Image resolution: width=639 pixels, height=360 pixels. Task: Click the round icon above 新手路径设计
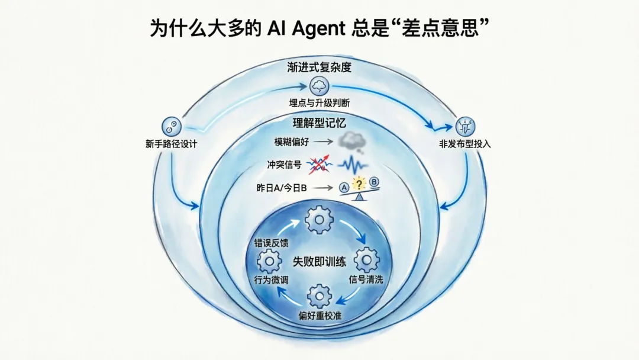[x=170, y=126]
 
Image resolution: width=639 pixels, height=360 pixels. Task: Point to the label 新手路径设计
[x=170, y=144]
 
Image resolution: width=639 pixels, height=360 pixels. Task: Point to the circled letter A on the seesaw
[x=342, y=188]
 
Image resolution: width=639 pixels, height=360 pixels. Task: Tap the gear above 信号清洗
[x=366, y=260]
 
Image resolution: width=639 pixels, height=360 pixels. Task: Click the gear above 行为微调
[x=270, y=261]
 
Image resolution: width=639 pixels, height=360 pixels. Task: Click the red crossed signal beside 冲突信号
[x=319, y=165]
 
